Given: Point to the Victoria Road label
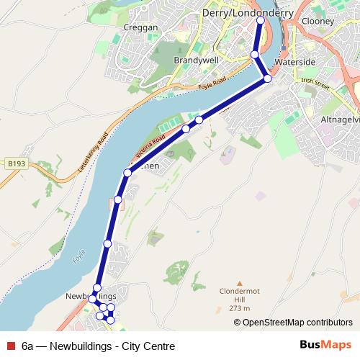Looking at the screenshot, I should pos(150,147).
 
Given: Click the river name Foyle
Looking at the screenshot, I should pos(80,257).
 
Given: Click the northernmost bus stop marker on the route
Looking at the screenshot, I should pos(261,21).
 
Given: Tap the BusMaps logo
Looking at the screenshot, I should pos(325,346).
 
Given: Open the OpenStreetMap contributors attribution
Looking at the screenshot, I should pos(297,322).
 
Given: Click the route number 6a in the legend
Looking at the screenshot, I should pos(27,346).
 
